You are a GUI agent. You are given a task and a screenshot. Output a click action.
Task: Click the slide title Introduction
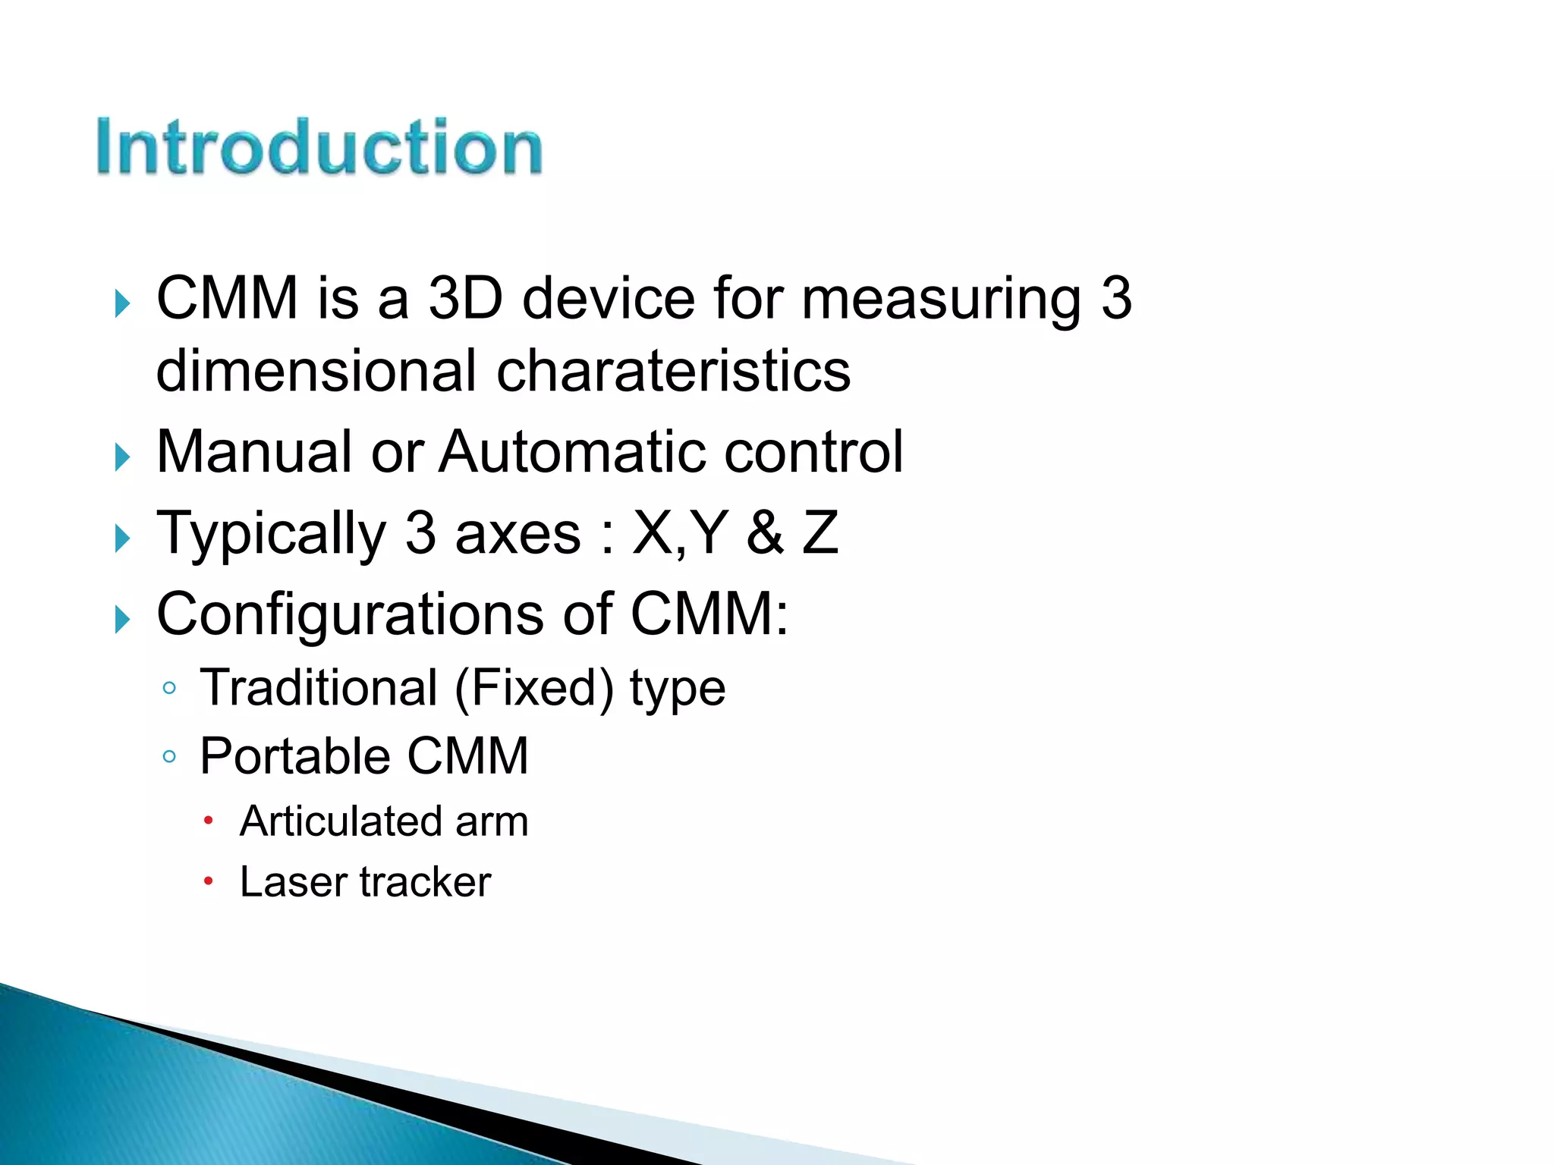[x=319, y=146]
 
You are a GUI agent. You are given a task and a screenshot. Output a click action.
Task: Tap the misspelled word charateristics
[x=673, y=372]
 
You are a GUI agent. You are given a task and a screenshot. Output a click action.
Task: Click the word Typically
[x=271, y=534]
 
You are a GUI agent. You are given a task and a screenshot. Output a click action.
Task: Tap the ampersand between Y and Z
[x=764, y=532]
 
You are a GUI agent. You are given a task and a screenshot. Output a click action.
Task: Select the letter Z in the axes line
[x=820, y=532]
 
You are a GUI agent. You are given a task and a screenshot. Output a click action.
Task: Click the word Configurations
[x=350, y=614]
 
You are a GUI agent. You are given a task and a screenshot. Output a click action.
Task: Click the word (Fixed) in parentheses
[x=534, y=689]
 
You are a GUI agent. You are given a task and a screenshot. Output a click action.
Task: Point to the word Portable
[x=294, y=755]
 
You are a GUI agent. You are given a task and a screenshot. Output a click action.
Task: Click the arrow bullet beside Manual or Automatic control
[x=122, y=457]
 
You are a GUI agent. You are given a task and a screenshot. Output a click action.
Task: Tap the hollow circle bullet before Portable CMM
[x=169, y=756]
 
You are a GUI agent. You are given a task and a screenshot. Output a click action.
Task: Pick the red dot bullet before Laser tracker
[x=208, y=881]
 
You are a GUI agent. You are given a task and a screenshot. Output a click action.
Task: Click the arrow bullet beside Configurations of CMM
[x=122, y=620]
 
